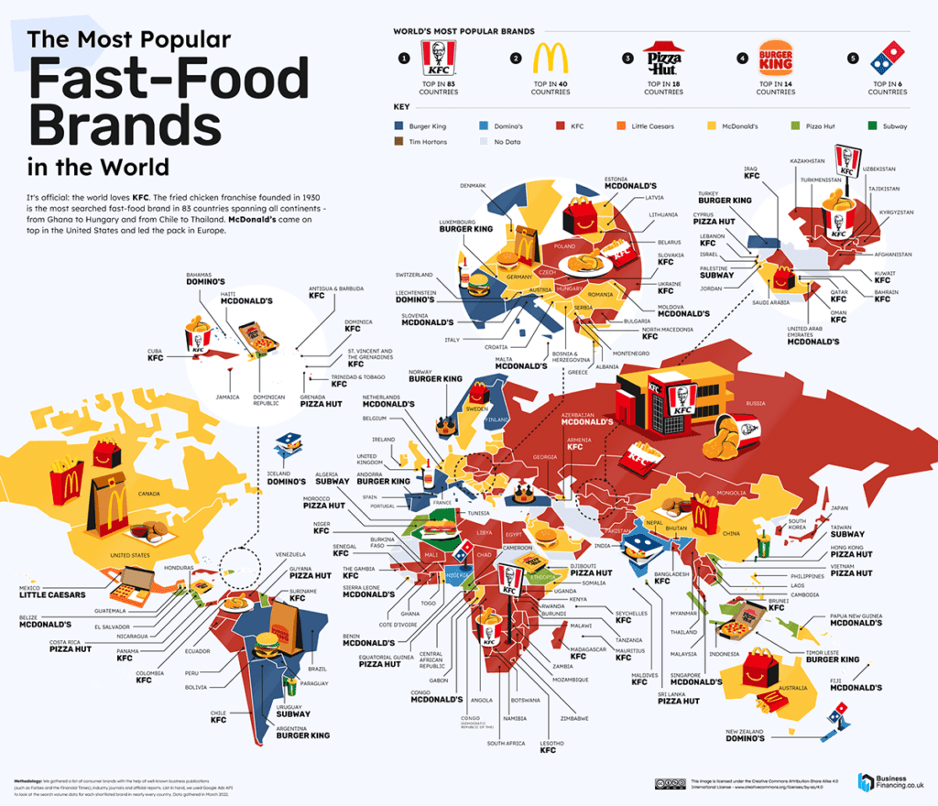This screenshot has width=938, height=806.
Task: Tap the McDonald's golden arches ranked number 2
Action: (550, 59)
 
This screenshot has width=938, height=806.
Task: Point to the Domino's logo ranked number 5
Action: (887, 60)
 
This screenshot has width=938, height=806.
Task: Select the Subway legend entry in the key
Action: (889, 125)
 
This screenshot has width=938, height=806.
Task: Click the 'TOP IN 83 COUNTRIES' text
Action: (437, 88)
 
